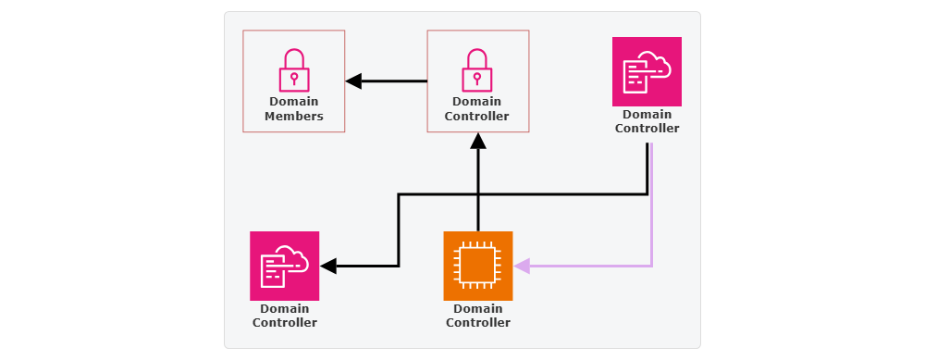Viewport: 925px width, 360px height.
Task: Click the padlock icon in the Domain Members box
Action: [x=293, y=69]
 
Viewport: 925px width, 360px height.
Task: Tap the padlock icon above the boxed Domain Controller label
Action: [x=477, y=69]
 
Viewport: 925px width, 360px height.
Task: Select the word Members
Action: [x=293, y=117]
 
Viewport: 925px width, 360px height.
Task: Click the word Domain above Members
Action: [x=293, y=102]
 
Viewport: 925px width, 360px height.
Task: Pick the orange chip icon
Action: [x=477, y=266]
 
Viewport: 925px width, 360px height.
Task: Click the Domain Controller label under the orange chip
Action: [x=477, y=316]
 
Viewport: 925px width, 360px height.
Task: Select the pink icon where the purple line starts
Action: [x=647, y=71]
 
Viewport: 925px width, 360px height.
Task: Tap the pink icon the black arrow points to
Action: [x=284, y=266]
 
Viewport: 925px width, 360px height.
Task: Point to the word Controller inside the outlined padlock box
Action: [x=477, y=117]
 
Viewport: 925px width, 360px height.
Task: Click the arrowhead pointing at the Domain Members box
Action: [x=353, y=81]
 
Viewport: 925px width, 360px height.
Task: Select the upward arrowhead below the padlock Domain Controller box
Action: [x=477, y=141]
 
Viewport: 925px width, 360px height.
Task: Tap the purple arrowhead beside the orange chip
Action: [x=522, y=266]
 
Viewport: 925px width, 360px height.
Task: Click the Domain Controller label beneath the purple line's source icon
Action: [x=647, y=121]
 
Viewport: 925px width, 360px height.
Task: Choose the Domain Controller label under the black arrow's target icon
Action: [x=284, y=316]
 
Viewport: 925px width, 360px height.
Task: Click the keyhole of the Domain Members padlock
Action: [x=293, y=76]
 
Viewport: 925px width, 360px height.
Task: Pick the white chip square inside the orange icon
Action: [x=477, y=266]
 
